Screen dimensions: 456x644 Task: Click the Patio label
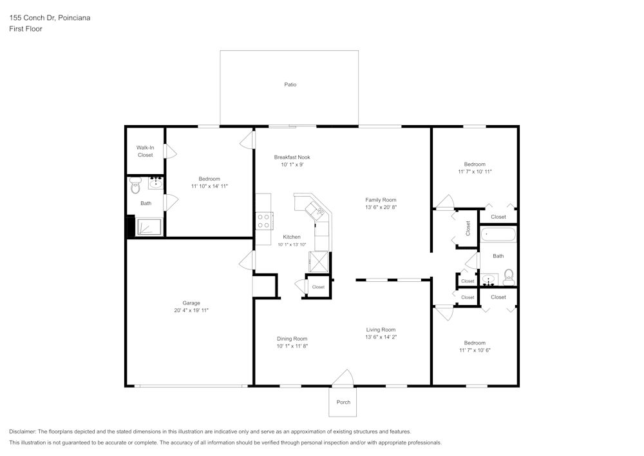[x=290, y=84]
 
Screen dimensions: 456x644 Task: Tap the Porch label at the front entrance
[x=343, y=402]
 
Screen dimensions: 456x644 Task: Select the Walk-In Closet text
[x=145, y=151]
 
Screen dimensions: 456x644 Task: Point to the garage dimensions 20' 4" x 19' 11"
[x=191, y=310]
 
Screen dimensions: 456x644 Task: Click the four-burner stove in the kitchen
[x=263, y=221]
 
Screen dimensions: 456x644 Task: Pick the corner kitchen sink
[x=315, y=209]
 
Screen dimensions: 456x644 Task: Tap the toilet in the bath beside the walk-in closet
[x=135, y=187]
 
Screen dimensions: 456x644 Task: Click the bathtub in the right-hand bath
[x=498, y=234]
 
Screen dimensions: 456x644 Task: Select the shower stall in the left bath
[x=150, y=227]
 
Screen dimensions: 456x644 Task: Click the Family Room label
[x=381, y=200]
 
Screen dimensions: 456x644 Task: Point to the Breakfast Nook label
[x=292, y=157]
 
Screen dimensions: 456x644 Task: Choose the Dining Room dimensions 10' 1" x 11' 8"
[x=292, y=346]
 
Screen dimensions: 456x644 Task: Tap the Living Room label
[x=381, y=330]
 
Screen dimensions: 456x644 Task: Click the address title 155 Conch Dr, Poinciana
[x=50, y=18]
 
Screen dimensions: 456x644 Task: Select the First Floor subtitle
[x=26, y=29]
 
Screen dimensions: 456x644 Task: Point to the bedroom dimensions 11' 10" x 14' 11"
[x=209, y=186]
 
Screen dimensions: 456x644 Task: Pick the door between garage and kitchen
[x=246, y=260]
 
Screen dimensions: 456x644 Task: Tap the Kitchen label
[x=292, y=237]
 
